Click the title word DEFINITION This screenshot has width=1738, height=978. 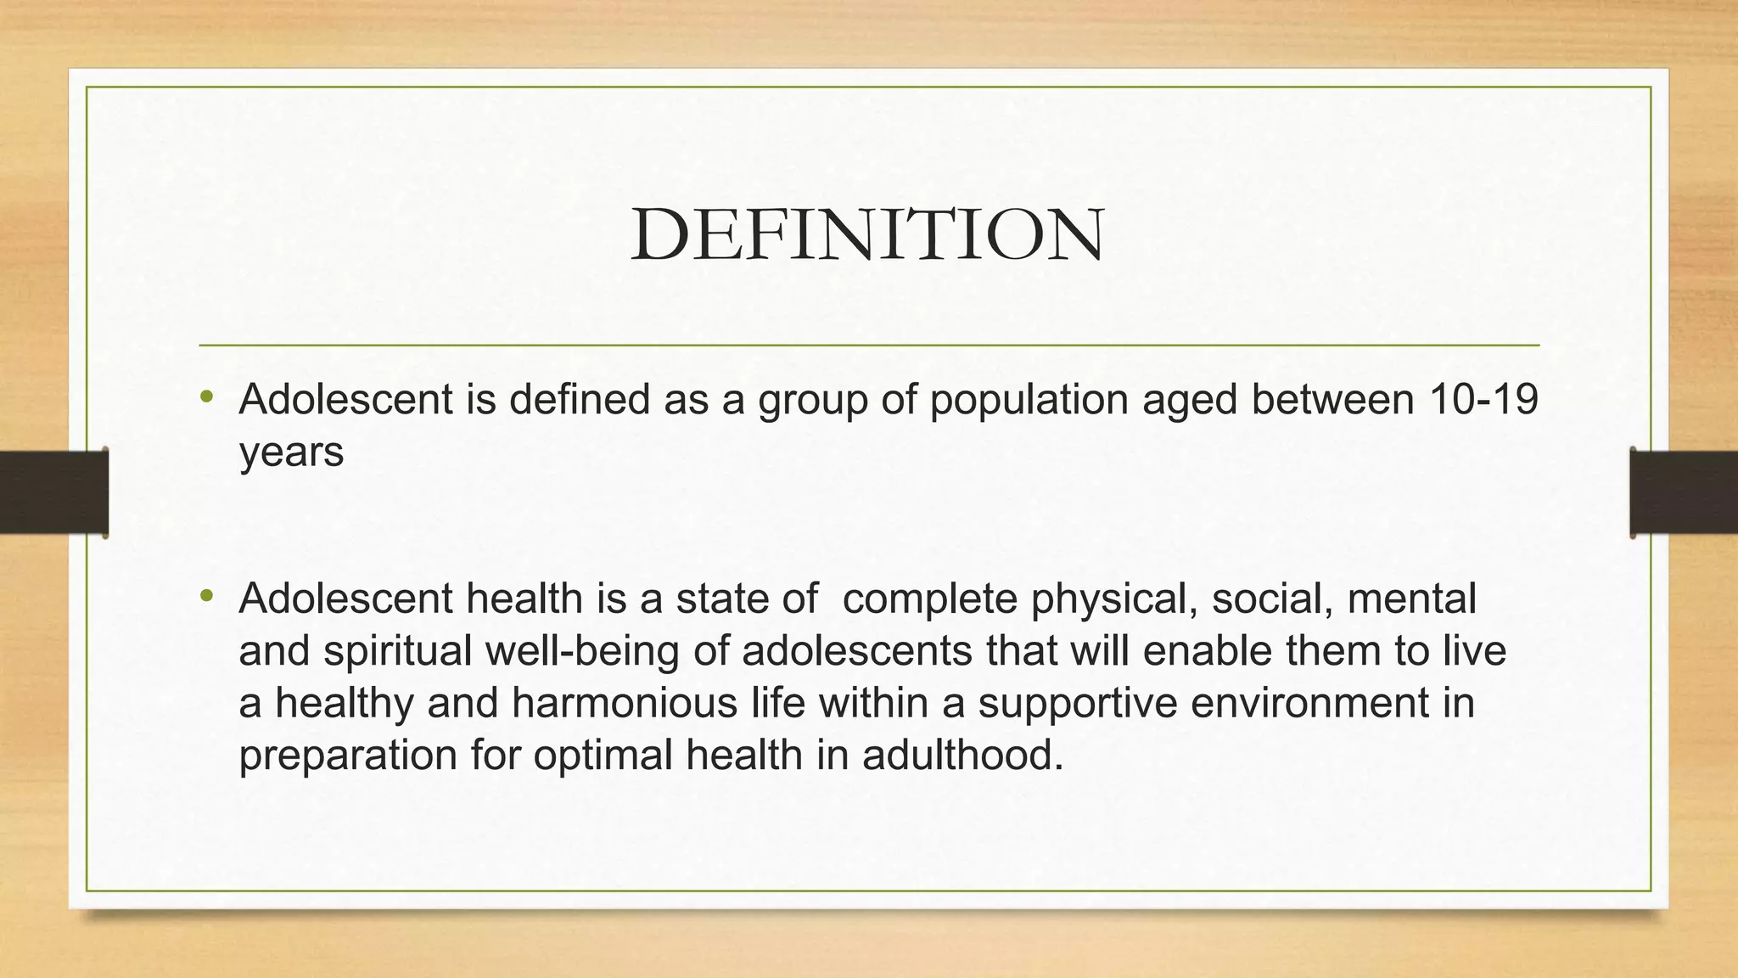(867, 234)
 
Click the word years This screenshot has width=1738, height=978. (291, 453)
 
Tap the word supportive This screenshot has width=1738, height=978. (1078, 703)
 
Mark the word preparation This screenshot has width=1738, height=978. (348, 756)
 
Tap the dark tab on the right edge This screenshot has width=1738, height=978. (1684, 492)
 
